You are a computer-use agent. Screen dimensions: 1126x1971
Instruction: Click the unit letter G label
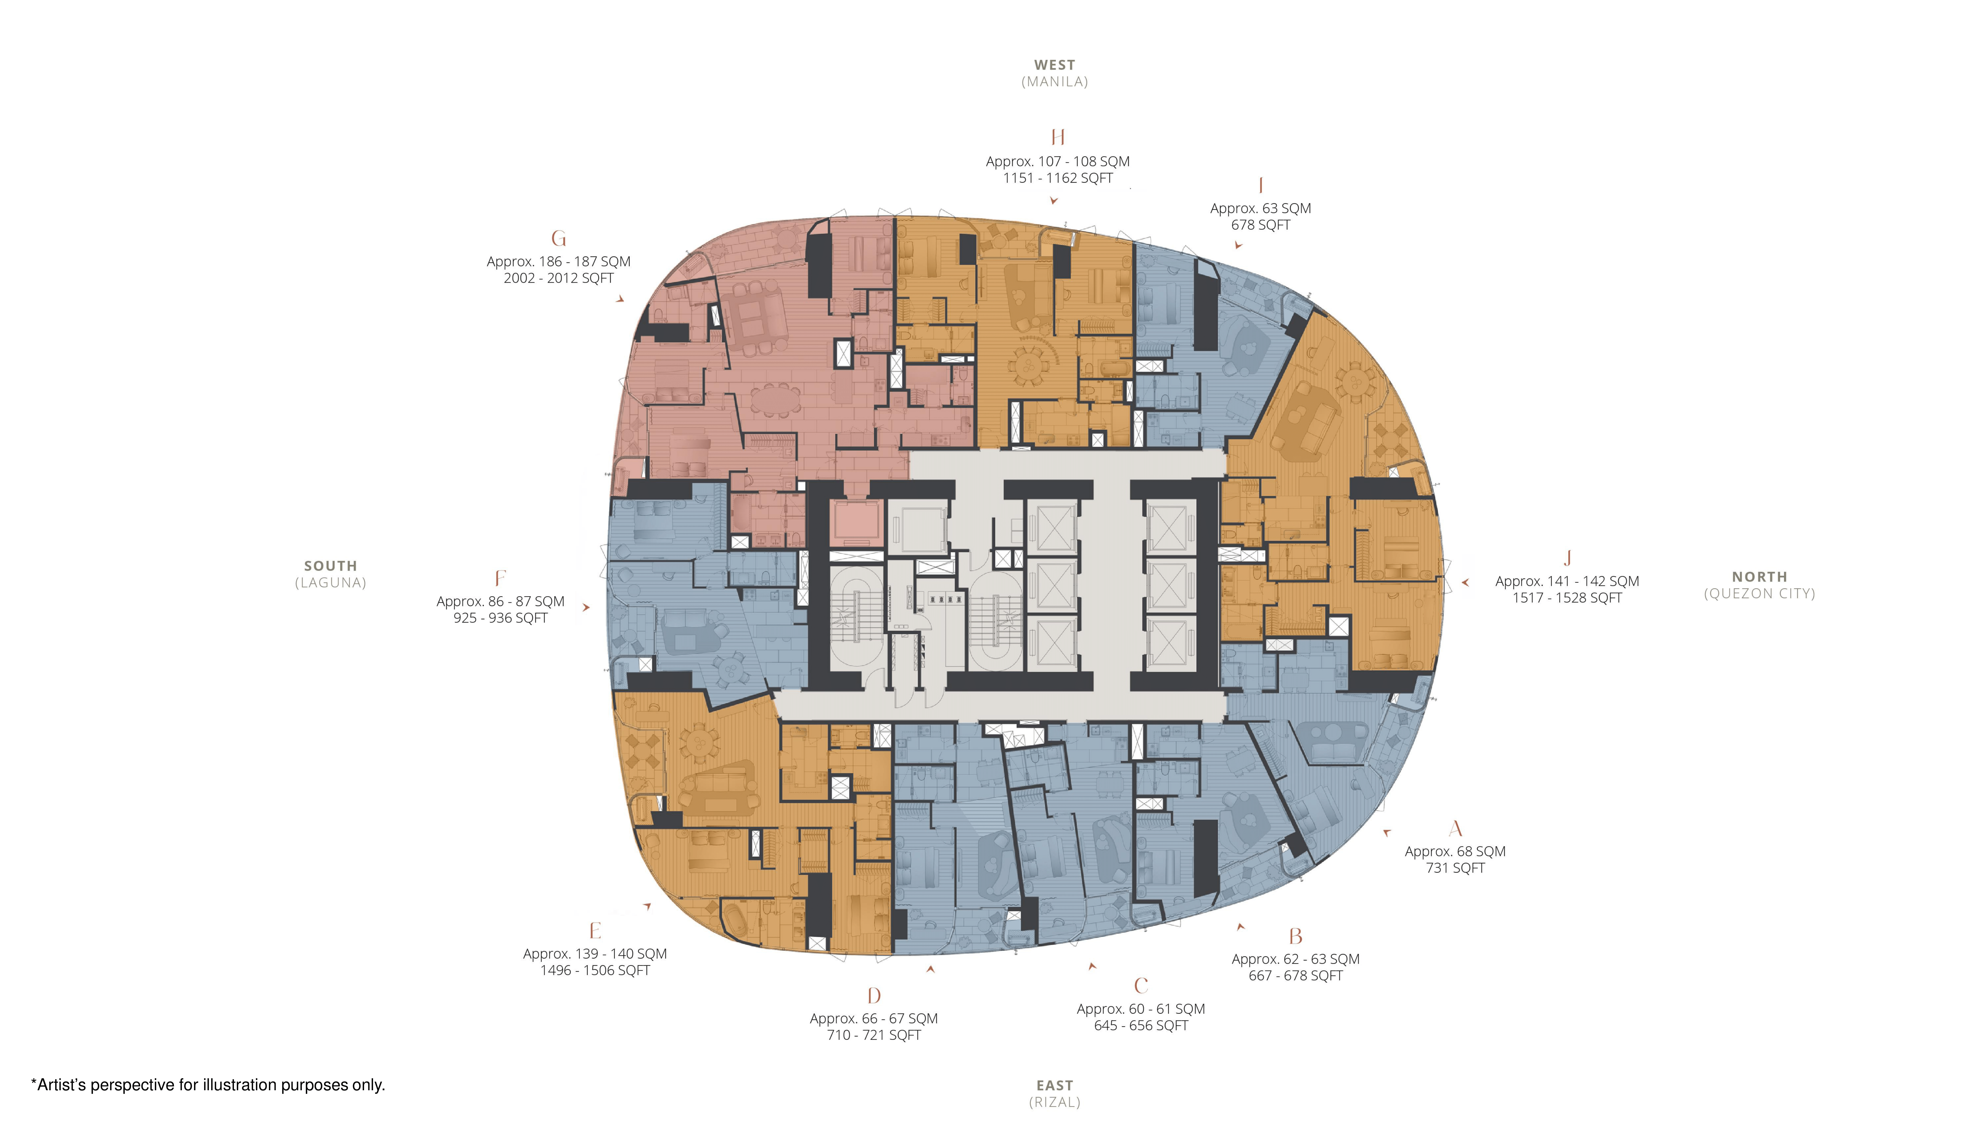point(559,239)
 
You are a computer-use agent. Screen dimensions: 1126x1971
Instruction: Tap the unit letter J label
point(1567,558)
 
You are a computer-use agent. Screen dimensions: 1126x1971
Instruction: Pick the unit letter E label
point(595,930)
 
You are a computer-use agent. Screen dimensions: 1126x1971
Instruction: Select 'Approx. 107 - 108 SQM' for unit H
point(1057,162)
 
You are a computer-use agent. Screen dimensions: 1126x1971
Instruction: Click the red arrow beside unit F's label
point(586,608)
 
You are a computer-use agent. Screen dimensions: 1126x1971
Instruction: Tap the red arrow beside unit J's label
point(1465,582)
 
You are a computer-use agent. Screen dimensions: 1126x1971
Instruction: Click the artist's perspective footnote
point(207,1085)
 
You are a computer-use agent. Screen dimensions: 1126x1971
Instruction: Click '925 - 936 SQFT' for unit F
point(500,618)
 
